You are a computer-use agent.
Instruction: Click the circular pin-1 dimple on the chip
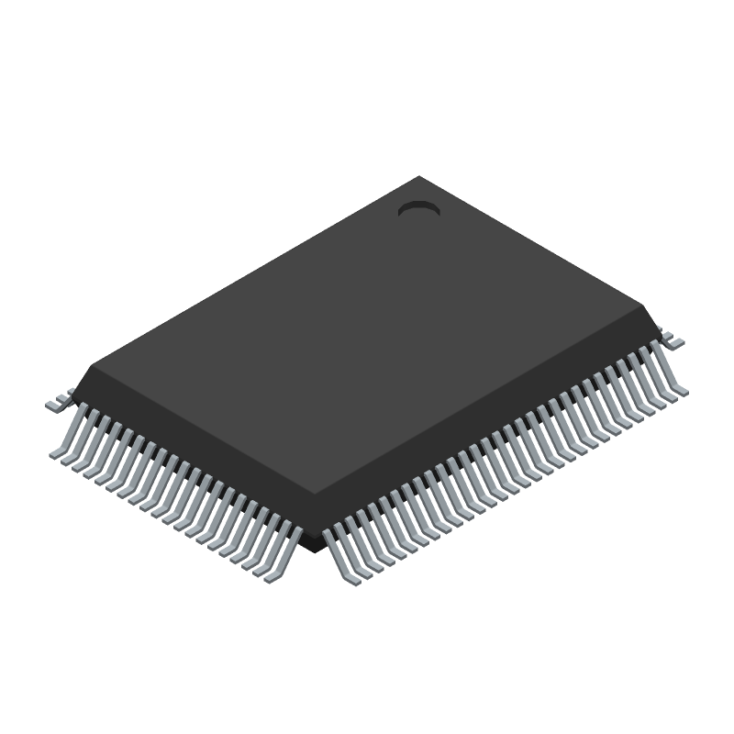tap(418, 211)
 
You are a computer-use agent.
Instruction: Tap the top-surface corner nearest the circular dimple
tap(419, 177)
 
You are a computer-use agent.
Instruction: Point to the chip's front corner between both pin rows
tap(319, 530)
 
